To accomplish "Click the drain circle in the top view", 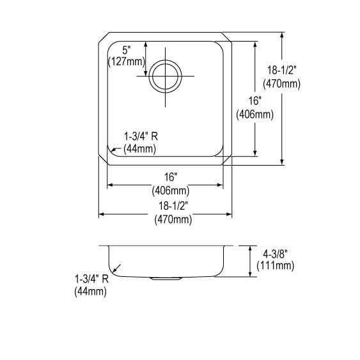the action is tap(166, 60).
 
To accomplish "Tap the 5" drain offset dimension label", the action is tap(126, 50).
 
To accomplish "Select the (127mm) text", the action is tap(127, 61).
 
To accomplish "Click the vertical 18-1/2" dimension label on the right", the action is tap(282, 70).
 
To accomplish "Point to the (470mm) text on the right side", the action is tap(282, 83).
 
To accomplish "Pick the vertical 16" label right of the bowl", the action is tap(255, 101).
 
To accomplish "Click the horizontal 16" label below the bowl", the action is tap(171, 177).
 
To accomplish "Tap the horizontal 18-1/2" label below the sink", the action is tap(173, 206).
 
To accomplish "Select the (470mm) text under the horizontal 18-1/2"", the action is tap(173, 219).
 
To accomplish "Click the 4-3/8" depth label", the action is tap(276, 254).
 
